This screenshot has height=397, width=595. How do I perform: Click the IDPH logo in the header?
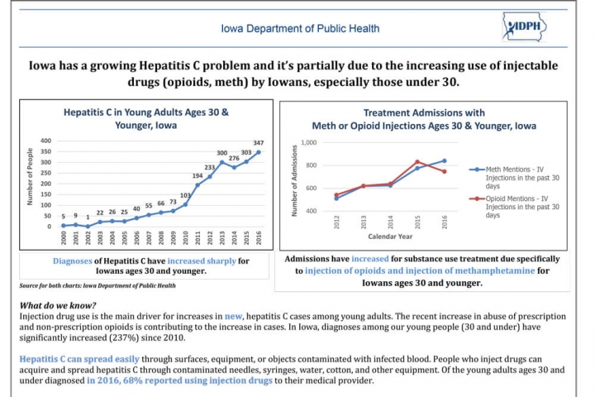(x=525, y=26)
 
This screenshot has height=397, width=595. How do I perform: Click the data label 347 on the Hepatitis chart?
(x=259, y=143)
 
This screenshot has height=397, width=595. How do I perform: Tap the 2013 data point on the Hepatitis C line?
(x=222, y=162)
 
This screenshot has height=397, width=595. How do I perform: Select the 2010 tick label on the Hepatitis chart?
(x=186, y=238)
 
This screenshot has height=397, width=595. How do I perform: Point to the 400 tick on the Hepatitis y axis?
(x=45, y=141)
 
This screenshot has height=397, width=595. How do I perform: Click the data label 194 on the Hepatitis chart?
(x=198, y=176)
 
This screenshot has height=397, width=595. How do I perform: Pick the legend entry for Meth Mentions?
(x=514, y=178)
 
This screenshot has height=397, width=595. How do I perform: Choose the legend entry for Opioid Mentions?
(x=514, y=207)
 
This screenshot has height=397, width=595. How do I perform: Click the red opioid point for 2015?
(x=417, y=162)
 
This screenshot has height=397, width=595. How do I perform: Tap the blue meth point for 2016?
(x=445, y=160)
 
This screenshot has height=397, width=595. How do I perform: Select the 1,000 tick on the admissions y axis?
(x=308, y=142)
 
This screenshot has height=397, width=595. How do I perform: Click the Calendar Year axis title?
(x=390, y=237)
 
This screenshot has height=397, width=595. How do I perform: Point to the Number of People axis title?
(x=30, y=177)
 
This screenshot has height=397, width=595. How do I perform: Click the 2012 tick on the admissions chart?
(x=336, y=222)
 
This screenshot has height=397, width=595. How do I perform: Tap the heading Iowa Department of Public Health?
(x=300, y=28)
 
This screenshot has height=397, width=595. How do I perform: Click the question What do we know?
(x=58, y=305)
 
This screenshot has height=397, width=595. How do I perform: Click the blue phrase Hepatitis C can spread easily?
(x=79, y=359)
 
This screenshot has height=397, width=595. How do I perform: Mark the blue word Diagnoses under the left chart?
(x=72, y=261)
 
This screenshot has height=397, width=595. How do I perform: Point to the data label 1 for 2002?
(x=88, y=218)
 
